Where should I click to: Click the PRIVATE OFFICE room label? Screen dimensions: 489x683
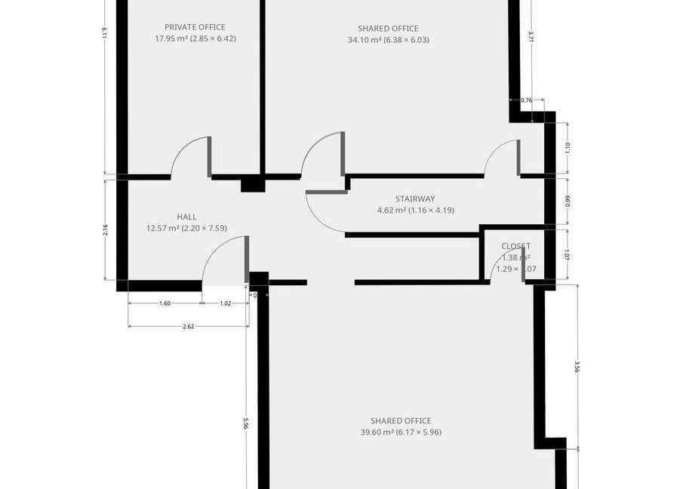195,27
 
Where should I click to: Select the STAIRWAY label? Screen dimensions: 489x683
415,199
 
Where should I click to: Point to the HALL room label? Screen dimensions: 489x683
186,217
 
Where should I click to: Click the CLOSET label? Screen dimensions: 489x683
515,246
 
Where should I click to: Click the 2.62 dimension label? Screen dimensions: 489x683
189,326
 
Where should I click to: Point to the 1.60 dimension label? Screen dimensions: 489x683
165,303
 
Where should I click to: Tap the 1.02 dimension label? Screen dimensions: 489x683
225,303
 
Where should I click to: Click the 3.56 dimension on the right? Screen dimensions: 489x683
577,367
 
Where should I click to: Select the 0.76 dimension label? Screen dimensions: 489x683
527,100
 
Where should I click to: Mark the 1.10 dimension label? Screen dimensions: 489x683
567,148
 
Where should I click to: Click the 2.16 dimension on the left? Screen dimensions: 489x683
105,230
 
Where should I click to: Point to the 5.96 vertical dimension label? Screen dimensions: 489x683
246,423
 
